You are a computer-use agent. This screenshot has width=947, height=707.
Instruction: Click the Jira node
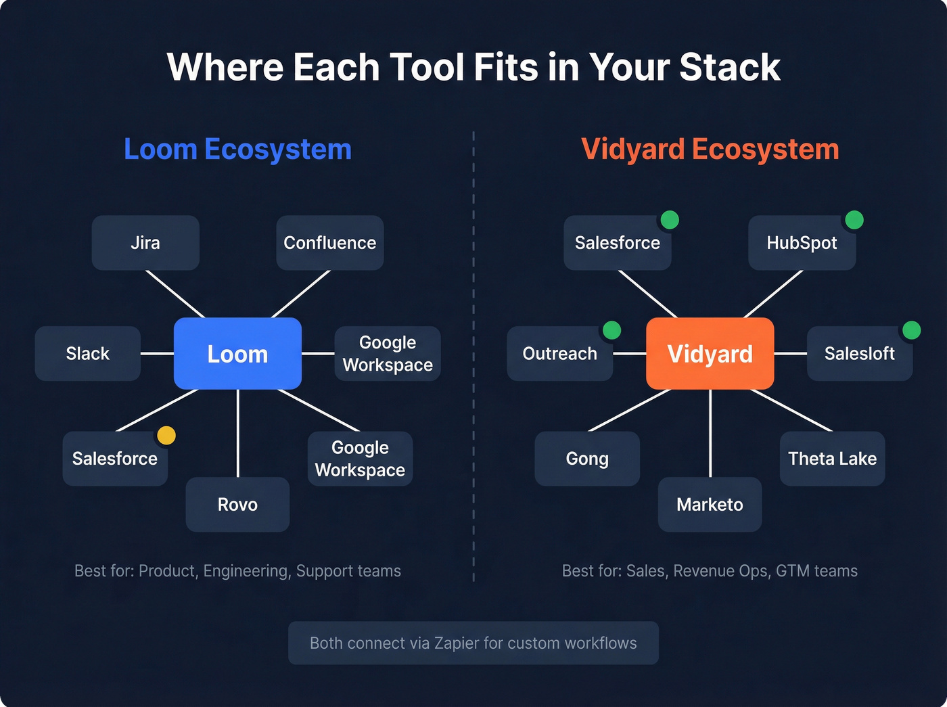[145, 243]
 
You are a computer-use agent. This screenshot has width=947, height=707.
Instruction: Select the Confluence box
[329, 243]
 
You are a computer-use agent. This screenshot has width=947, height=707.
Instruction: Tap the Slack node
[88, 353]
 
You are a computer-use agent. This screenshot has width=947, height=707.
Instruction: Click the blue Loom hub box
[237, 353]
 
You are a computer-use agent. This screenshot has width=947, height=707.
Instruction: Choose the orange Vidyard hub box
[710, 353]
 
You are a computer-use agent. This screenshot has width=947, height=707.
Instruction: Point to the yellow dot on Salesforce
[166, 436]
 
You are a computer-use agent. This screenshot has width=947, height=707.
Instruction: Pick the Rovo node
[237, 504]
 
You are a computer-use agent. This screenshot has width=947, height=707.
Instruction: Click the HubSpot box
[802, 243]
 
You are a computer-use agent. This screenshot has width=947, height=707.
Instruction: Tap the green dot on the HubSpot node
[854, 220]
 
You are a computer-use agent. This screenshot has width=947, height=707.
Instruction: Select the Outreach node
[559, 353]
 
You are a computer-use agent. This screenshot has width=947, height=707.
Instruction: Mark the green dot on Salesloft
[911, 330]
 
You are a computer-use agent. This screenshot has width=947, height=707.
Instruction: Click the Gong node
[587, 459]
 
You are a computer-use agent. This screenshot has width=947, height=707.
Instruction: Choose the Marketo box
[710, 504]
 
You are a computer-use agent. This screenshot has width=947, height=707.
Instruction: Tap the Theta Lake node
[832, 459]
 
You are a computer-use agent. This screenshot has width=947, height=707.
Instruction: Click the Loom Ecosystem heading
[237, 150]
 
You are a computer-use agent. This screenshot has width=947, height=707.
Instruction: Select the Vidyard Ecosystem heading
[710, 150]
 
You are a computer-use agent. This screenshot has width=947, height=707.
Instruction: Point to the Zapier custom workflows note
[473, 643]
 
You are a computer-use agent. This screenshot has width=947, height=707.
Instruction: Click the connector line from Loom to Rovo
[237, 433]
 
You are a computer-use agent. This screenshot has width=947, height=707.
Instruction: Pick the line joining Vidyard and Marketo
[710, 433]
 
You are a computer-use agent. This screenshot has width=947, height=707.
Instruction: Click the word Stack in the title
[729, 67]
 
